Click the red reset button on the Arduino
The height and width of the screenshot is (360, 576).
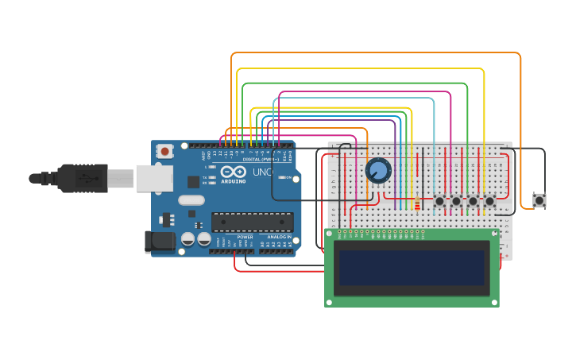coord(164,150)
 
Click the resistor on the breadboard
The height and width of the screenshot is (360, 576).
coord(416,203)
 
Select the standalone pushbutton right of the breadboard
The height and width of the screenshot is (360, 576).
coord(539,199)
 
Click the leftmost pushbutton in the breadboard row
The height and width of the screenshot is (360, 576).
coord(439,202)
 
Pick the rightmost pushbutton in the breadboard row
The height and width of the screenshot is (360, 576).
coord(489,202)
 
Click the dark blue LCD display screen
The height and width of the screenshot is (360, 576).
coord(411,268)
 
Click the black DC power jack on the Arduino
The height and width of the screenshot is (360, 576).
coord(159,242)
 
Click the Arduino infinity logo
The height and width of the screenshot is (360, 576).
coord(234,172)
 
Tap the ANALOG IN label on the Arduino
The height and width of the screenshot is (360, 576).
coord(278,237)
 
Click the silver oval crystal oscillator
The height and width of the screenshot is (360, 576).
coord(192,200)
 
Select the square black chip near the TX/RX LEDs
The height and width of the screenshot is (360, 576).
coord(193,182)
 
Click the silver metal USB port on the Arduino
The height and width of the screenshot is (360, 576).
coord(153,178)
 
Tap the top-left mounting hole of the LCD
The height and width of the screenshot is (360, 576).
coord(331,235)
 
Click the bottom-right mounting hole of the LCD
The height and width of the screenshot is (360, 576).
coord(493,300)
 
